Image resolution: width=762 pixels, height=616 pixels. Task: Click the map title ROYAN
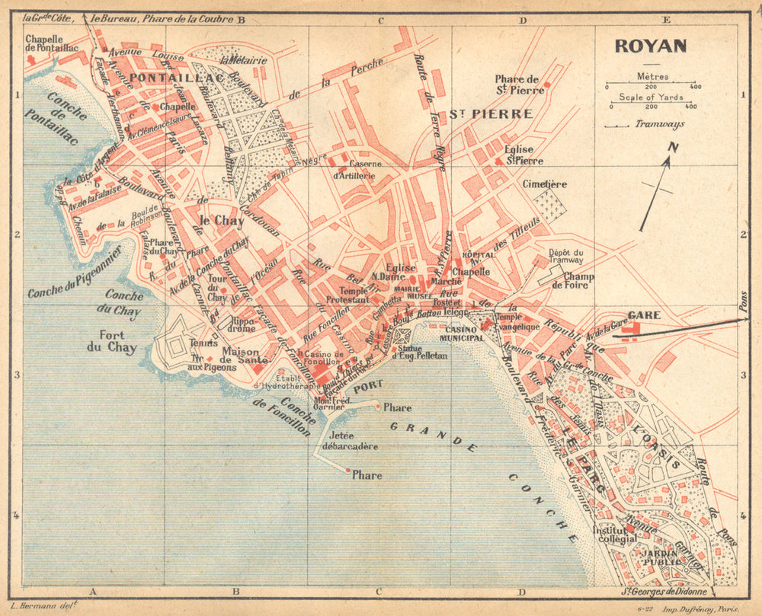coord(651,46)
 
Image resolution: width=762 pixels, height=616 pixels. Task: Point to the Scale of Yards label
coord(651,97)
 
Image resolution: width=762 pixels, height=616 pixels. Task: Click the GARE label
coord(644,314)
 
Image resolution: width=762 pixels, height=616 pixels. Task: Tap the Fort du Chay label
coord(117,341)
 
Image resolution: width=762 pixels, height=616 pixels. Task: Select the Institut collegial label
coord(614,534)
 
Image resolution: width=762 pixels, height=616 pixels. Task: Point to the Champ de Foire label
coord(579,282)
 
